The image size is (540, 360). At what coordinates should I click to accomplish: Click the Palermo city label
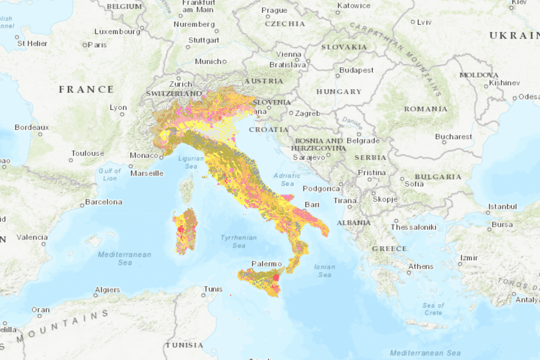coord(266,264)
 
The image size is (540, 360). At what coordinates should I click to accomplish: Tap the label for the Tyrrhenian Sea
coord(238,242)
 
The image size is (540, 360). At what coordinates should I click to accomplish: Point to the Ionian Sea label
coord(324,270)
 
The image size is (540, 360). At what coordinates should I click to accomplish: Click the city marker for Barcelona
coord(82,206)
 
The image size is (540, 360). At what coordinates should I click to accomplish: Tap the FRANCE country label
coord(86,90)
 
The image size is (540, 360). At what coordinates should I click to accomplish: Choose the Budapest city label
coord(356,70)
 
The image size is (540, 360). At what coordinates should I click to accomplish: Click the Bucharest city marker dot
coord(444,142)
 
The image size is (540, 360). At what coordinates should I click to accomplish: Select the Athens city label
coord(421,266)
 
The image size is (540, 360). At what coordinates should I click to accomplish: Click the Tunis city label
coord(213,289)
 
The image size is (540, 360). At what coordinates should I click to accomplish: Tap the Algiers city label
coord(108,290)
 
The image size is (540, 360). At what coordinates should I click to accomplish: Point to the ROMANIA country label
coord(426,109)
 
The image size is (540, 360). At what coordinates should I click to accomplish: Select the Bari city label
coord(312,205)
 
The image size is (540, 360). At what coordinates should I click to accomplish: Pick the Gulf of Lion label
coord(110,175)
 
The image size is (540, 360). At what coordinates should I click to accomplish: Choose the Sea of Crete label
coord(433,309)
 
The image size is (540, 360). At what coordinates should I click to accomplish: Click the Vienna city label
coord(288,54)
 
